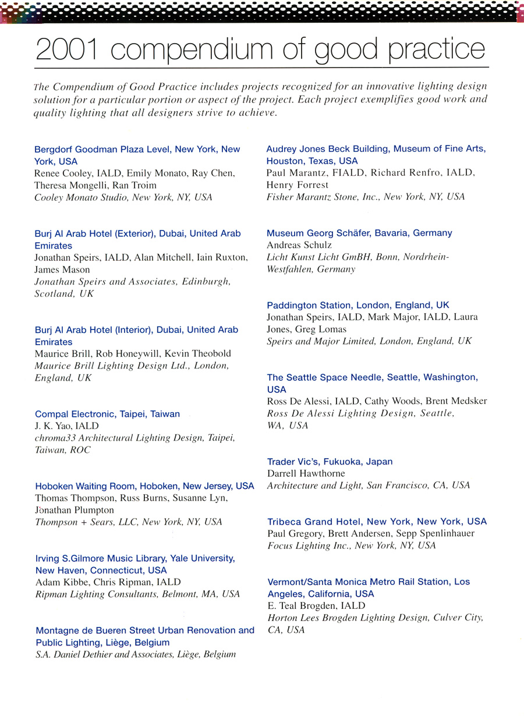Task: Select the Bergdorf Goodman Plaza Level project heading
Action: click(137, 150)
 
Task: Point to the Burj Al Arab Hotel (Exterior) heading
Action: click(137, 233)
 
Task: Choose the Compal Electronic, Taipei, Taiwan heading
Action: click(107, 414)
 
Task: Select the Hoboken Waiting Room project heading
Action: click(144, 486)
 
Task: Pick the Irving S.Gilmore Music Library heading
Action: click(135, 558)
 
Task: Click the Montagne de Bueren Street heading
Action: click(145, 630)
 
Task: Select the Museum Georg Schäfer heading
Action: click(359, 233)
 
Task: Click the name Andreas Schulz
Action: click(299, 245)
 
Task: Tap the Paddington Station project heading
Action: click(358, 305)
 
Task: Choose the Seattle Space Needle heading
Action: click(372, 377)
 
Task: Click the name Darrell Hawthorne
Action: click(306, 473)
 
